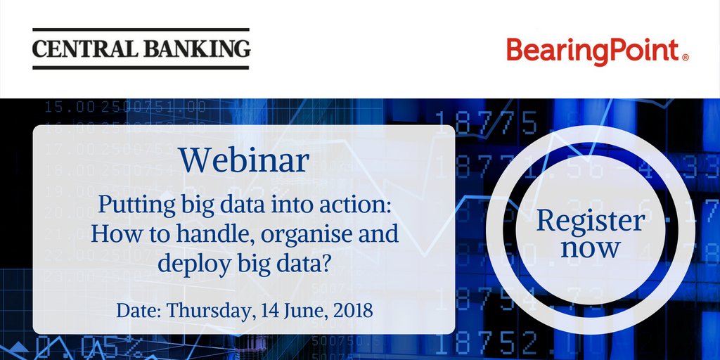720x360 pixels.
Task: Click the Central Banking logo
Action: point(141,49)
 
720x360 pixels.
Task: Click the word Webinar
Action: point(243,160)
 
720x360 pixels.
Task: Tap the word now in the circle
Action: point(591,247)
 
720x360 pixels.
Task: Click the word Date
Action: point(139,309)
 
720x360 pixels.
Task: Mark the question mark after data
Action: point(322,263)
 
